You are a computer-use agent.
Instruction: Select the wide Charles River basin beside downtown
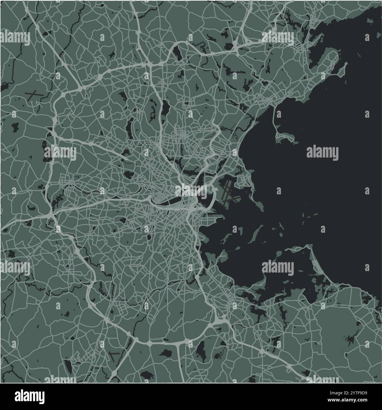(165, 202)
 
